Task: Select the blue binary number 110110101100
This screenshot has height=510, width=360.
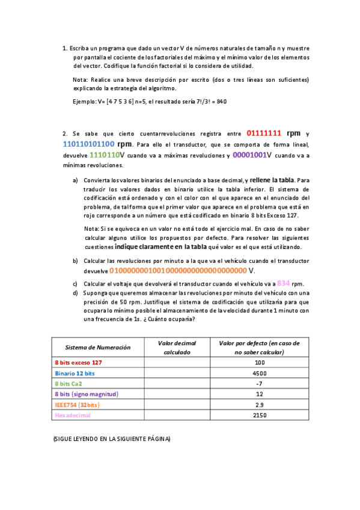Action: [x=88, y=144]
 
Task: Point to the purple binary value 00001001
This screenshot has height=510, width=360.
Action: [x=249, y=155]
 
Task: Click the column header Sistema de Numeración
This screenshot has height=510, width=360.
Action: [x=98, y=348]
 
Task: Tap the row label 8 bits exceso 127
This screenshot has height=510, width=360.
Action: [x=78, y=363]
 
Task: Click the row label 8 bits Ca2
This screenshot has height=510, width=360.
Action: [x=68, y=384]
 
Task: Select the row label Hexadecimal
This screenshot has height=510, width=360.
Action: [x=71, y=416]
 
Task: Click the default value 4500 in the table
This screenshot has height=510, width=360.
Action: [x=260, y=373]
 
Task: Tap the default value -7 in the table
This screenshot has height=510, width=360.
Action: [x=260, y=384]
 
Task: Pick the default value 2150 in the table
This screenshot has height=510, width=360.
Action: [x=260, y=416]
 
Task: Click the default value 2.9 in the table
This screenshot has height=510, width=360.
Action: [x=260, y=405]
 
